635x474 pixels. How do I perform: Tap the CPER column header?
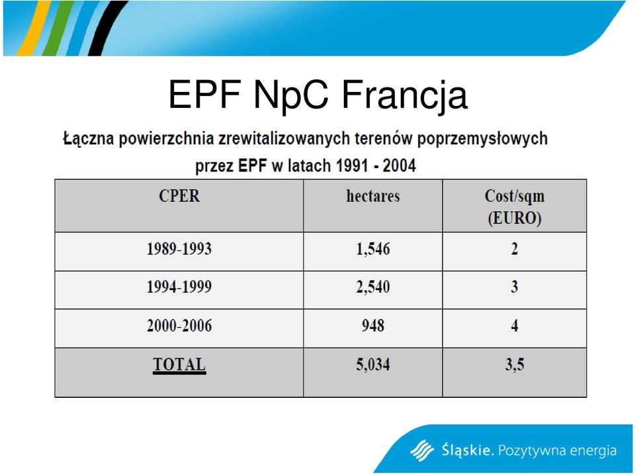coord(179,196)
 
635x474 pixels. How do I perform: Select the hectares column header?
coord(373,196)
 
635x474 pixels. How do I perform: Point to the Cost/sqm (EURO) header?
coord(515,207)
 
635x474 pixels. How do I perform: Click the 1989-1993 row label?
coord(179,249)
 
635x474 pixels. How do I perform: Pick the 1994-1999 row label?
coord(179,287)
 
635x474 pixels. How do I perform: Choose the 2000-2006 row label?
coord(179,326)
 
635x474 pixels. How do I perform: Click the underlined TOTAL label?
coord(179,365)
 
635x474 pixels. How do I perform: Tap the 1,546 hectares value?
coord(373,249)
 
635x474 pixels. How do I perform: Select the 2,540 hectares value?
coord(373,287)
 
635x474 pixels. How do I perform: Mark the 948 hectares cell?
coord(373,326)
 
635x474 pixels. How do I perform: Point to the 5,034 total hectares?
coord(373,365)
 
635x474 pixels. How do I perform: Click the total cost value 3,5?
coord(515,365)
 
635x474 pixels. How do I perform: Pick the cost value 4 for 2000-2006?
coord(515,326)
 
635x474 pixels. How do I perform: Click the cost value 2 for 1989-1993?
coord(515,249)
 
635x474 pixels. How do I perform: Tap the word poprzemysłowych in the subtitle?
coord(482,139)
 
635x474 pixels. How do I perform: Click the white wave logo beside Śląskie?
coord(422,450)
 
